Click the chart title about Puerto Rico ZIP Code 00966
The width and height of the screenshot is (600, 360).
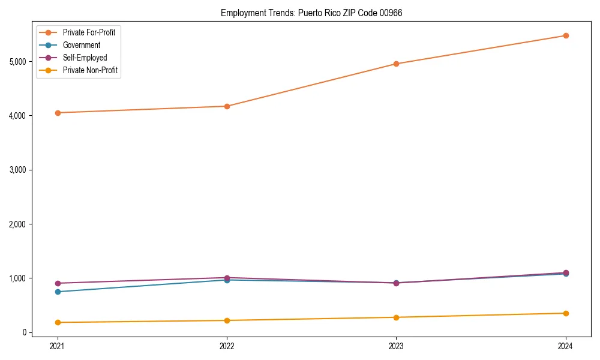click(311, 13)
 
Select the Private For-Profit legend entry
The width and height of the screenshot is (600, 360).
click(89, 32)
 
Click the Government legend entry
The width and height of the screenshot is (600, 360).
click(82, 45)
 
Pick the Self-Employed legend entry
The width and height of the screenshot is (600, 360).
click(85, 58)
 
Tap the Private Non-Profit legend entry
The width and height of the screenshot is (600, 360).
click(90, 70)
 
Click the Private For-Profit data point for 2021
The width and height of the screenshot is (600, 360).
click(58, 113)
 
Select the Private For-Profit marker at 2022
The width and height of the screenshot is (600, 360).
click(227, 106)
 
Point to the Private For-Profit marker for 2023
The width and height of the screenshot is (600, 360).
click(396, 64)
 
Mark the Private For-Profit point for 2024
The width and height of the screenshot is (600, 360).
click(566, 35)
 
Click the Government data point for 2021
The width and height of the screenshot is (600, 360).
click(58, 292)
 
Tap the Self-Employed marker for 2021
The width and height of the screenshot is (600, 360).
click(58, 283)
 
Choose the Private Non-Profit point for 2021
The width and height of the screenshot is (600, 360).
click(58, 322)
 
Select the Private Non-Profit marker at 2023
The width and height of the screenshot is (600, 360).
click(396, 317)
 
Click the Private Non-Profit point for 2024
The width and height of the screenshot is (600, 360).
click(566, 313)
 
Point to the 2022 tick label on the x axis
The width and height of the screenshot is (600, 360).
click(227, 346)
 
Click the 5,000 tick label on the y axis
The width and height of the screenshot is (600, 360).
click(17, 61)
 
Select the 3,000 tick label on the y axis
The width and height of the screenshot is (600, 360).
click(17, 170)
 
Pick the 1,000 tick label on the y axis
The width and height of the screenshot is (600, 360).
click(17, 278)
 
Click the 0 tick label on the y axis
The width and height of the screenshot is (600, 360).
click(25, 332)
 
